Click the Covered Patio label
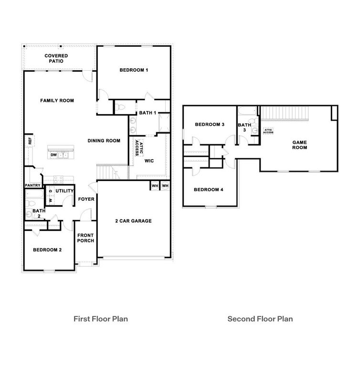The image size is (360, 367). [56, 59]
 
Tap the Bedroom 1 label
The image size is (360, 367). [134, 70]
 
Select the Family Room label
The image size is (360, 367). [57, 100]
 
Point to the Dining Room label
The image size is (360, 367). [104, 140]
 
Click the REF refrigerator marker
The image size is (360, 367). [30, 141]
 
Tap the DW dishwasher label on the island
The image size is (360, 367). [54, 155]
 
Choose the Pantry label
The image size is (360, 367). [32, 185]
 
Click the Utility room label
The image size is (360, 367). [64, 191]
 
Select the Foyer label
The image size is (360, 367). [86, 199]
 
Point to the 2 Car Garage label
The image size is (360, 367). [133, 221]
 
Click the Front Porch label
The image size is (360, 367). [86, 237]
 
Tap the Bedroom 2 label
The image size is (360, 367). [47, 249]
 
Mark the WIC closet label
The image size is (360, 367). [148, 161]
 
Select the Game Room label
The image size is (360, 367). [300, 144]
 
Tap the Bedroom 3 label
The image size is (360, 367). [210, 125]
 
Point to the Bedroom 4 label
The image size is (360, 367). [209, 190]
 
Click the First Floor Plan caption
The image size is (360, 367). [100, 318]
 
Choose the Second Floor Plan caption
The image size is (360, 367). [260, 318]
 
